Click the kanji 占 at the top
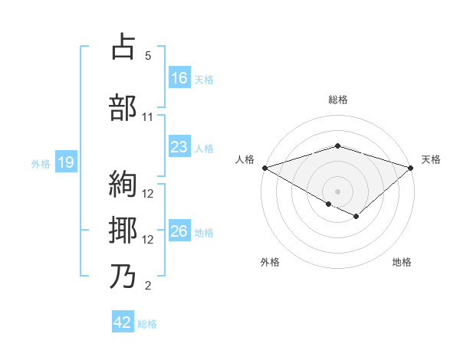pyautogui.click(x=123, y=47)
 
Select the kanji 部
pyautogui.click(x=123, y=107)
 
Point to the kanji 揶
pyautogui.click(x=123, y=230)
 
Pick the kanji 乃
pyautogui.click(x=123, y=276)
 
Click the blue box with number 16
pyautogui.click(x=179, y=77)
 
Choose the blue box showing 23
pyautogui.click(x=179, y=147)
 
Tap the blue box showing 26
pyautogui.click(x=179, y=232)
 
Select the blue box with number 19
pyautogui.click(x=65, y=162)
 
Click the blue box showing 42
pyautogui.click(x=123, y=322)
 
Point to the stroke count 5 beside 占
pyautogui.click(x=148, y=56)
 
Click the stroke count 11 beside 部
pyautogui.click(x=148, y=117)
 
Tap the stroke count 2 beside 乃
pyautogui.click(x=148, y=286)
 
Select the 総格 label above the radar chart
pyautogui.click(x=337, y=100)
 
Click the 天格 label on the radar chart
pyautogui.click(x=432, y=159)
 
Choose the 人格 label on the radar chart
pyautogui.click(x=245, y=159)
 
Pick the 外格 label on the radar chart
pyautogui.click(x=270, y=263)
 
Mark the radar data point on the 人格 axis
pyautogui.click(x=264, y=167)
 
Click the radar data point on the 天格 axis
pyautogui.click(x=411, y=167)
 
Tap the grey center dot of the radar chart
pyautogui.click(x=337, y=190)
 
